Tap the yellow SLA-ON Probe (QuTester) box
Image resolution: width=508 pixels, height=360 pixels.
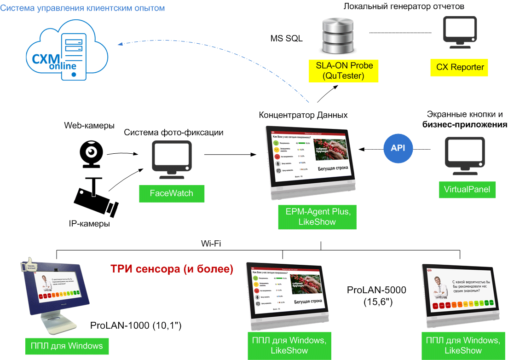[344, 70]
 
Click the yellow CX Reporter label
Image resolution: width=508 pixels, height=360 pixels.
[460, 67]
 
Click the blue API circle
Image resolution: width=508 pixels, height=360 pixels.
[398, 149]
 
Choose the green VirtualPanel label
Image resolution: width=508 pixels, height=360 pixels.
[467, 189]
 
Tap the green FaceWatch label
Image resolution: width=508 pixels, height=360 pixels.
[172, 193]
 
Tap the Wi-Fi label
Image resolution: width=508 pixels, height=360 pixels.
[211, 243]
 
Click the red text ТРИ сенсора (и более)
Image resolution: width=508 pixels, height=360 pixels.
[172, 269]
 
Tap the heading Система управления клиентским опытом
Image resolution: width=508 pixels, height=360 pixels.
[82, 8]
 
